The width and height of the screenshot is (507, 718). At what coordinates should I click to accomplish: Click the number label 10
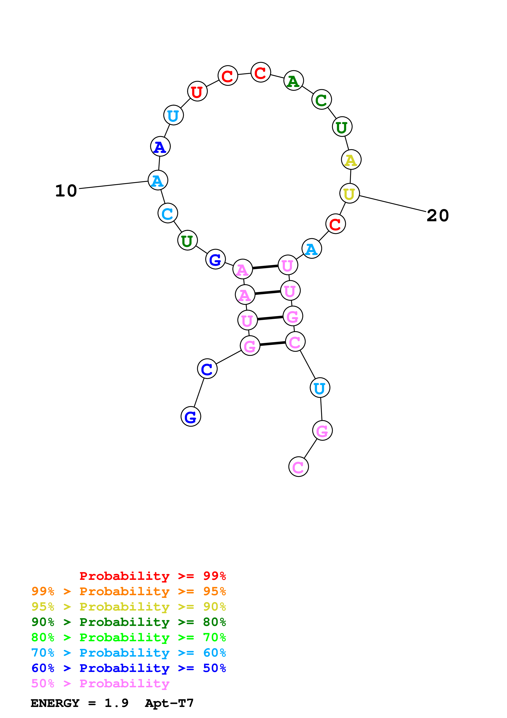point(66,191)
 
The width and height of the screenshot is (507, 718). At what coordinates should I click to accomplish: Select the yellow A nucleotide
point(351,160)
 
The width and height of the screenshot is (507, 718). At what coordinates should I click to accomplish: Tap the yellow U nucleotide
point(349,194)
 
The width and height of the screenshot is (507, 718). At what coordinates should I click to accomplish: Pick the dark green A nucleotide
point(293,81)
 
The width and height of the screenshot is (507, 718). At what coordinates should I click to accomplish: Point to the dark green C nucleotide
point(322,100)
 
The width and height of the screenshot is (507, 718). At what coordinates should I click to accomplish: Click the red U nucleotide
point(197,92)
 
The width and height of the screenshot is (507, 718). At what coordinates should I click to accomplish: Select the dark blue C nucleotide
point(207,369)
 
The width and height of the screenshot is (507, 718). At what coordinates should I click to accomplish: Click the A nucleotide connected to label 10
point(158,181)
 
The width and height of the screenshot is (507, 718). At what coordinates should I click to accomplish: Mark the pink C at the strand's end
point(298,467)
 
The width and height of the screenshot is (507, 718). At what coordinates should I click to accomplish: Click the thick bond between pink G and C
point(273,344)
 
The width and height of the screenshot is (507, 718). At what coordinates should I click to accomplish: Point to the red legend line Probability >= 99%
point(152,576)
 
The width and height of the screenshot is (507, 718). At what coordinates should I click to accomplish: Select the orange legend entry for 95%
point(128,591)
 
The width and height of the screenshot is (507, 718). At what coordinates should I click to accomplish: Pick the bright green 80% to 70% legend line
point(128,637)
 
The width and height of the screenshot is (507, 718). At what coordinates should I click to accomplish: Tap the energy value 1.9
point(116,703)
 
